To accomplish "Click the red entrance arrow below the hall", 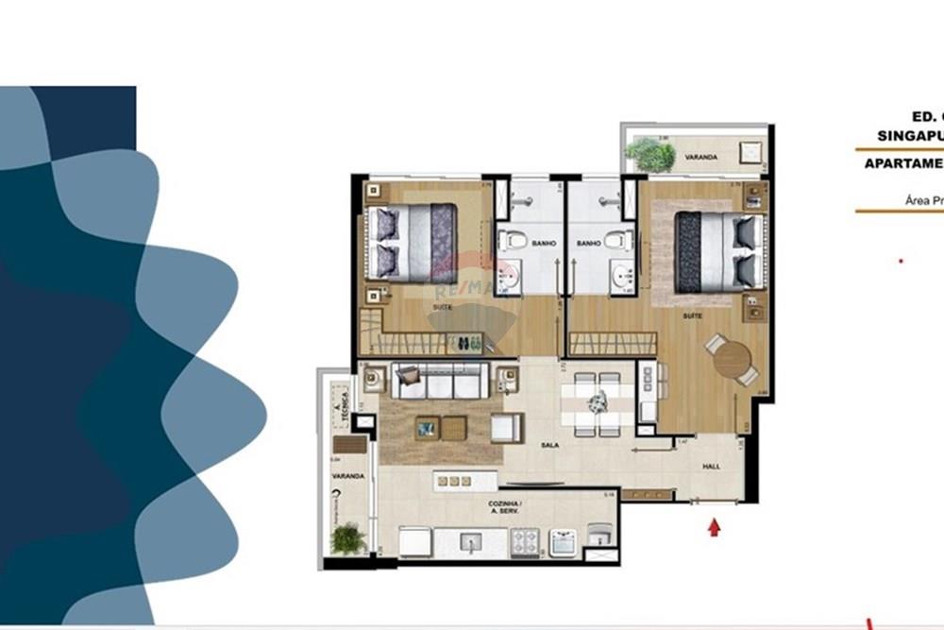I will coord(714,527).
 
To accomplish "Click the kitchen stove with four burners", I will coord(525,541).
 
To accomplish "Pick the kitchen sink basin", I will coord(468,542).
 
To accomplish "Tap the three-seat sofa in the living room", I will coord(439,382).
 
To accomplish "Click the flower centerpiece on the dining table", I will coord(596,402).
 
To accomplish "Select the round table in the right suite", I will coord(732,359).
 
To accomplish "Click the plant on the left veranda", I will coord(347,539).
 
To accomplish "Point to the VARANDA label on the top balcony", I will coord(702,157).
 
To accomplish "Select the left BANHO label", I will coord(543,244).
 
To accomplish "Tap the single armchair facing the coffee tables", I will coord(505,428).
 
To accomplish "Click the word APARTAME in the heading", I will coord(902,162).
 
